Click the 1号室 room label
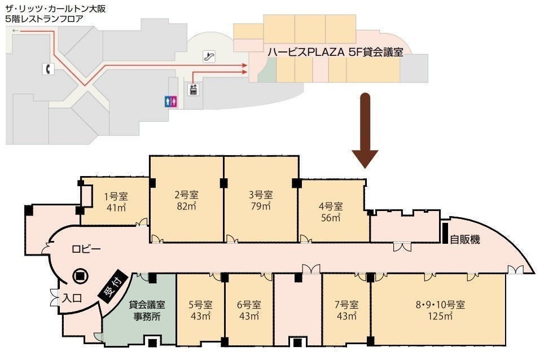pyautogui.click(x=116, y=196)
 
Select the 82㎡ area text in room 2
pyautogui.click(x=187, y=206)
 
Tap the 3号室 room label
pyautogui.click(x=261, y=195)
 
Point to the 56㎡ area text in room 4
pyautogui.click(x=331, y=218)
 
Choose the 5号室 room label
pyautogui.click(x=200, y=305)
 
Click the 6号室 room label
pyautogui.click(x=249, y=305)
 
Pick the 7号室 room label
pyautogui.click(x=346, y=305)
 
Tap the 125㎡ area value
pyautogui.click(x=440, y=316)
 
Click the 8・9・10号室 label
pyautogui.click(x=440, y=305)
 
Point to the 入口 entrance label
pyautogui.click(x=72, y=298)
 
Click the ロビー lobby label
pyautogui.click(x=86, y=249)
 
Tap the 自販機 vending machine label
pyautogui.click(x=465, y=239)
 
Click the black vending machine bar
pyautogui.click(x=445, y=232)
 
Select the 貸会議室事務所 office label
pyautogui.click(x=147, y=310)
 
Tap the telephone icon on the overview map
pyautogui.click(x=49, y=69)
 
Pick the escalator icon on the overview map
pyautogui.click(x=209, y=56)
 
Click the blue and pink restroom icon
pyautogui.click(x=171, y=102)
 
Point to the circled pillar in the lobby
pyautogui.click(x=80, y=276)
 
